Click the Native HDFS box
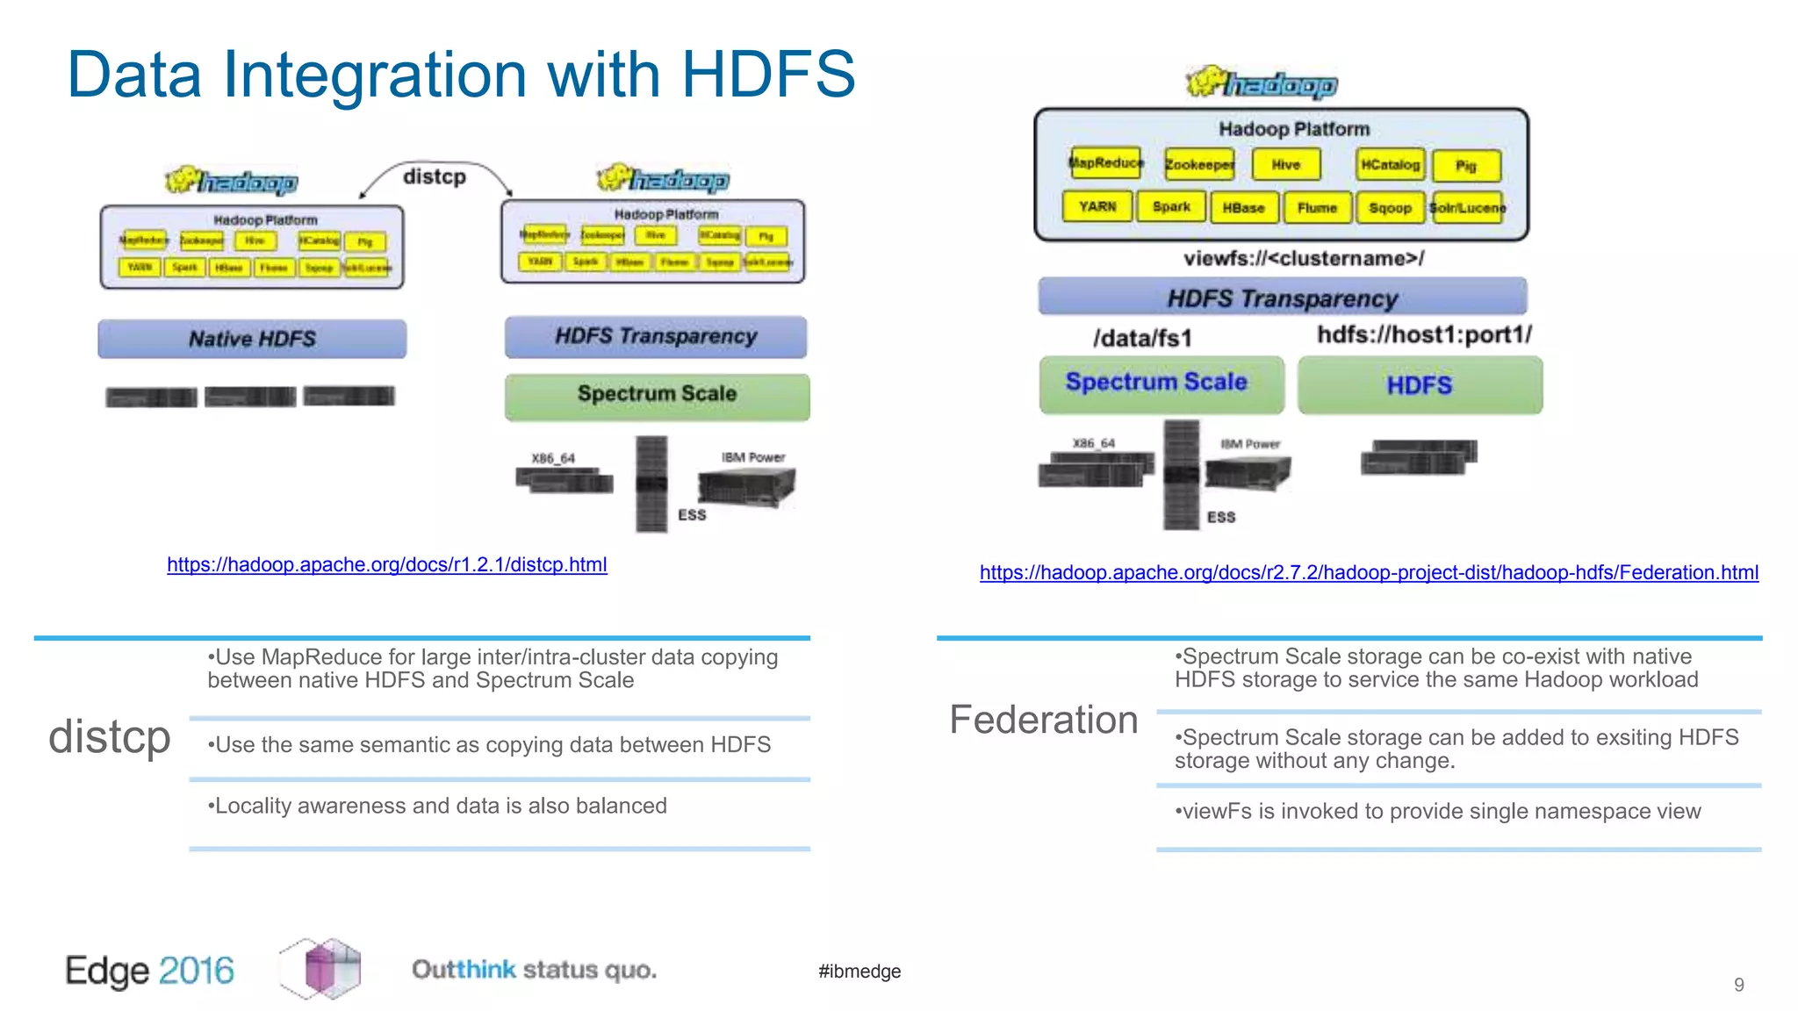252,339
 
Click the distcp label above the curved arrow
435,177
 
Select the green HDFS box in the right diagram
1420,385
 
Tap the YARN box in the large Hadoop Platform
1097,207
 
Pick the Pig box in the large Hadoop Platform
1466,166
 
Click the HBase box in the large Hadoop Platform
1243,208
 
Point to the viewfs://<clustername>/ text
1304,259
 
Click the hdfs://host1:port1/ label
1424,334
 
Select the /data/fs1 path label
1142,338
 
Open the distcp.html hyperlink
387,565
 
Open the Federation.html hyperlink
1369,573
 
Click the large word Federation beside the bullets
1044,721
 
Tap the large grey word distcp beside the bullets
110,737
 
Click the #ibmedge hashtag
859,972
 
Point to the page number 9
1738,986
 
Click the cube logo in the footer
320,969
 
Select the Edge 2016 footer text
150,971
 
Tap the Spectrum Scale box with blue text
1156,383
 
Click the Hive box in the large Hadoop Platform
1285,165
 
